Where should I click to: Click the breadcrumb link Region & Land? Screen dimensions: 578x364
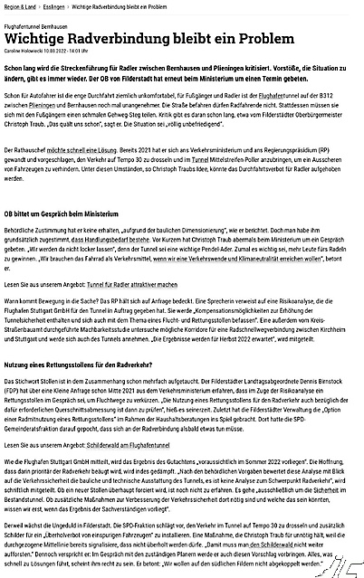[x=21, y=5]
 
